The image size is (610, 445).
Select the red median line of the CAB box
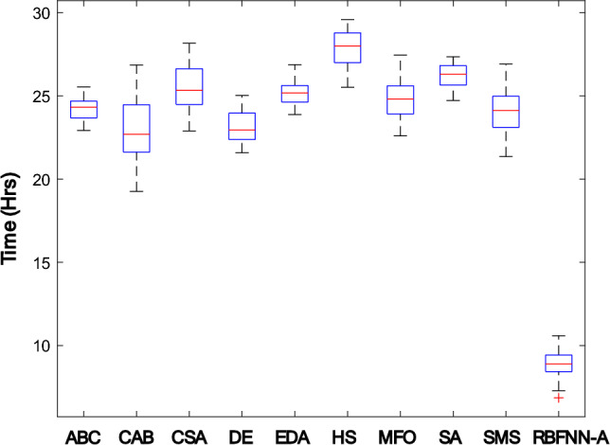[x=137, y=134]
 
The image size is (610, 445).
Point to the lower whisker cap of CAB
[x=137, y=191]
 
